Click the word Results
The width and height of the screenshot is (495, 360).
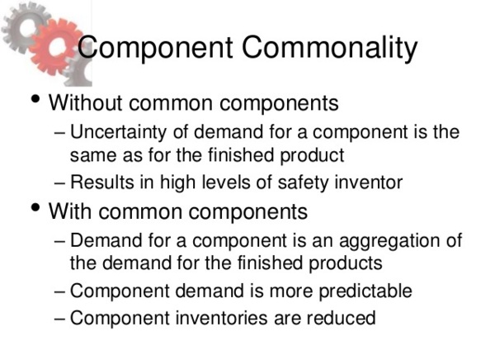click(x=97, y=182)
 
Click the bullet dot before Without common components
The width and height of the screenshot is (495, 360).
click(x=34, y=102)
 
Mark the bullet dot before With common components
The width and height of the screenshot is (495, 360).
click(x=34, y=209)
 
